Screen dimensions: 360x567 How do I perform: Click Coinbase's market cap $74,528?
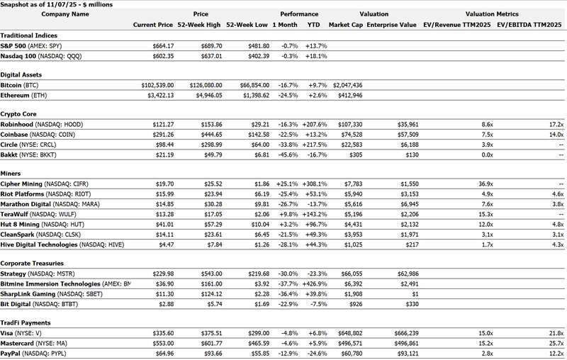tap(348, 134)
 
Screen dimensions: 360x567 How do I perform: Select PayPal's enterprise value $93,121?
tap(401, 353)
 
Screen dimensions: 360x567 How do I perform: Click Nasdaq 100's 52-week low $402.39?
tap(255, 55)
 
